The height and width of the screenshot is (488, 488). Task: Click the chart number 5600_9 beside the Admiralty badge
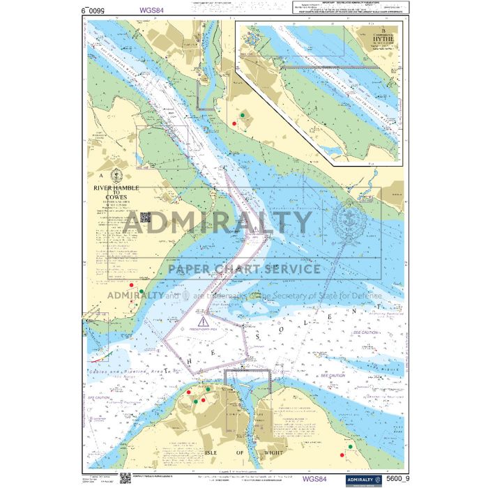pos(394,478)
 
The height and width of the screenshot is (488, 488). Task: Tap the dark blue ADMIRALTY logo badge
pos(358,479)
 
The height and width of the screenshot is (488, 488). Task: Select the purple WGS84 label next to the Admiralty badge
pos(314,478)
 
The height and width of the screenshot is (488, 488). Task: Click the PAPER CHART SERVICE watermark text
pos(241,269)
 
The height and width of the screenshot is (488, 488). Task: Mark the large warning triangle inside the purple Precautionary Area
pos(203,321)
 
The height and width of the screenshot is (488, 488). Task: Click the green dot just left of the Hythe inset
pos(242,115)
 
